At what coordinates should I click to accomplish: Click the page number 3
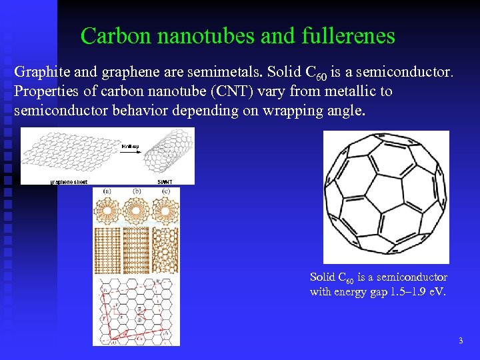point(461,341)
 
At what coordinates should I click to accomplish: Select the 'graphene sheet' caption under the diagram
point(69,181)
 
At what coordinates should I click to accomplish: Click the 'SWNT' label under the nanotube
point(165,181)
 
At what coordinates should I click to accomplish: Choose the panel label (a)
point(107,192)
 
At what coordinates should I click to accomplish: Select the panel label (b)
point(137,192)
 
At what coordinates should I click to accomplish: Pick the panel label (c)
point(165,192)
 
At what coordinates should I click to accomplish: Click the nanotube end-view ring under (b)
point(137,211)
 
